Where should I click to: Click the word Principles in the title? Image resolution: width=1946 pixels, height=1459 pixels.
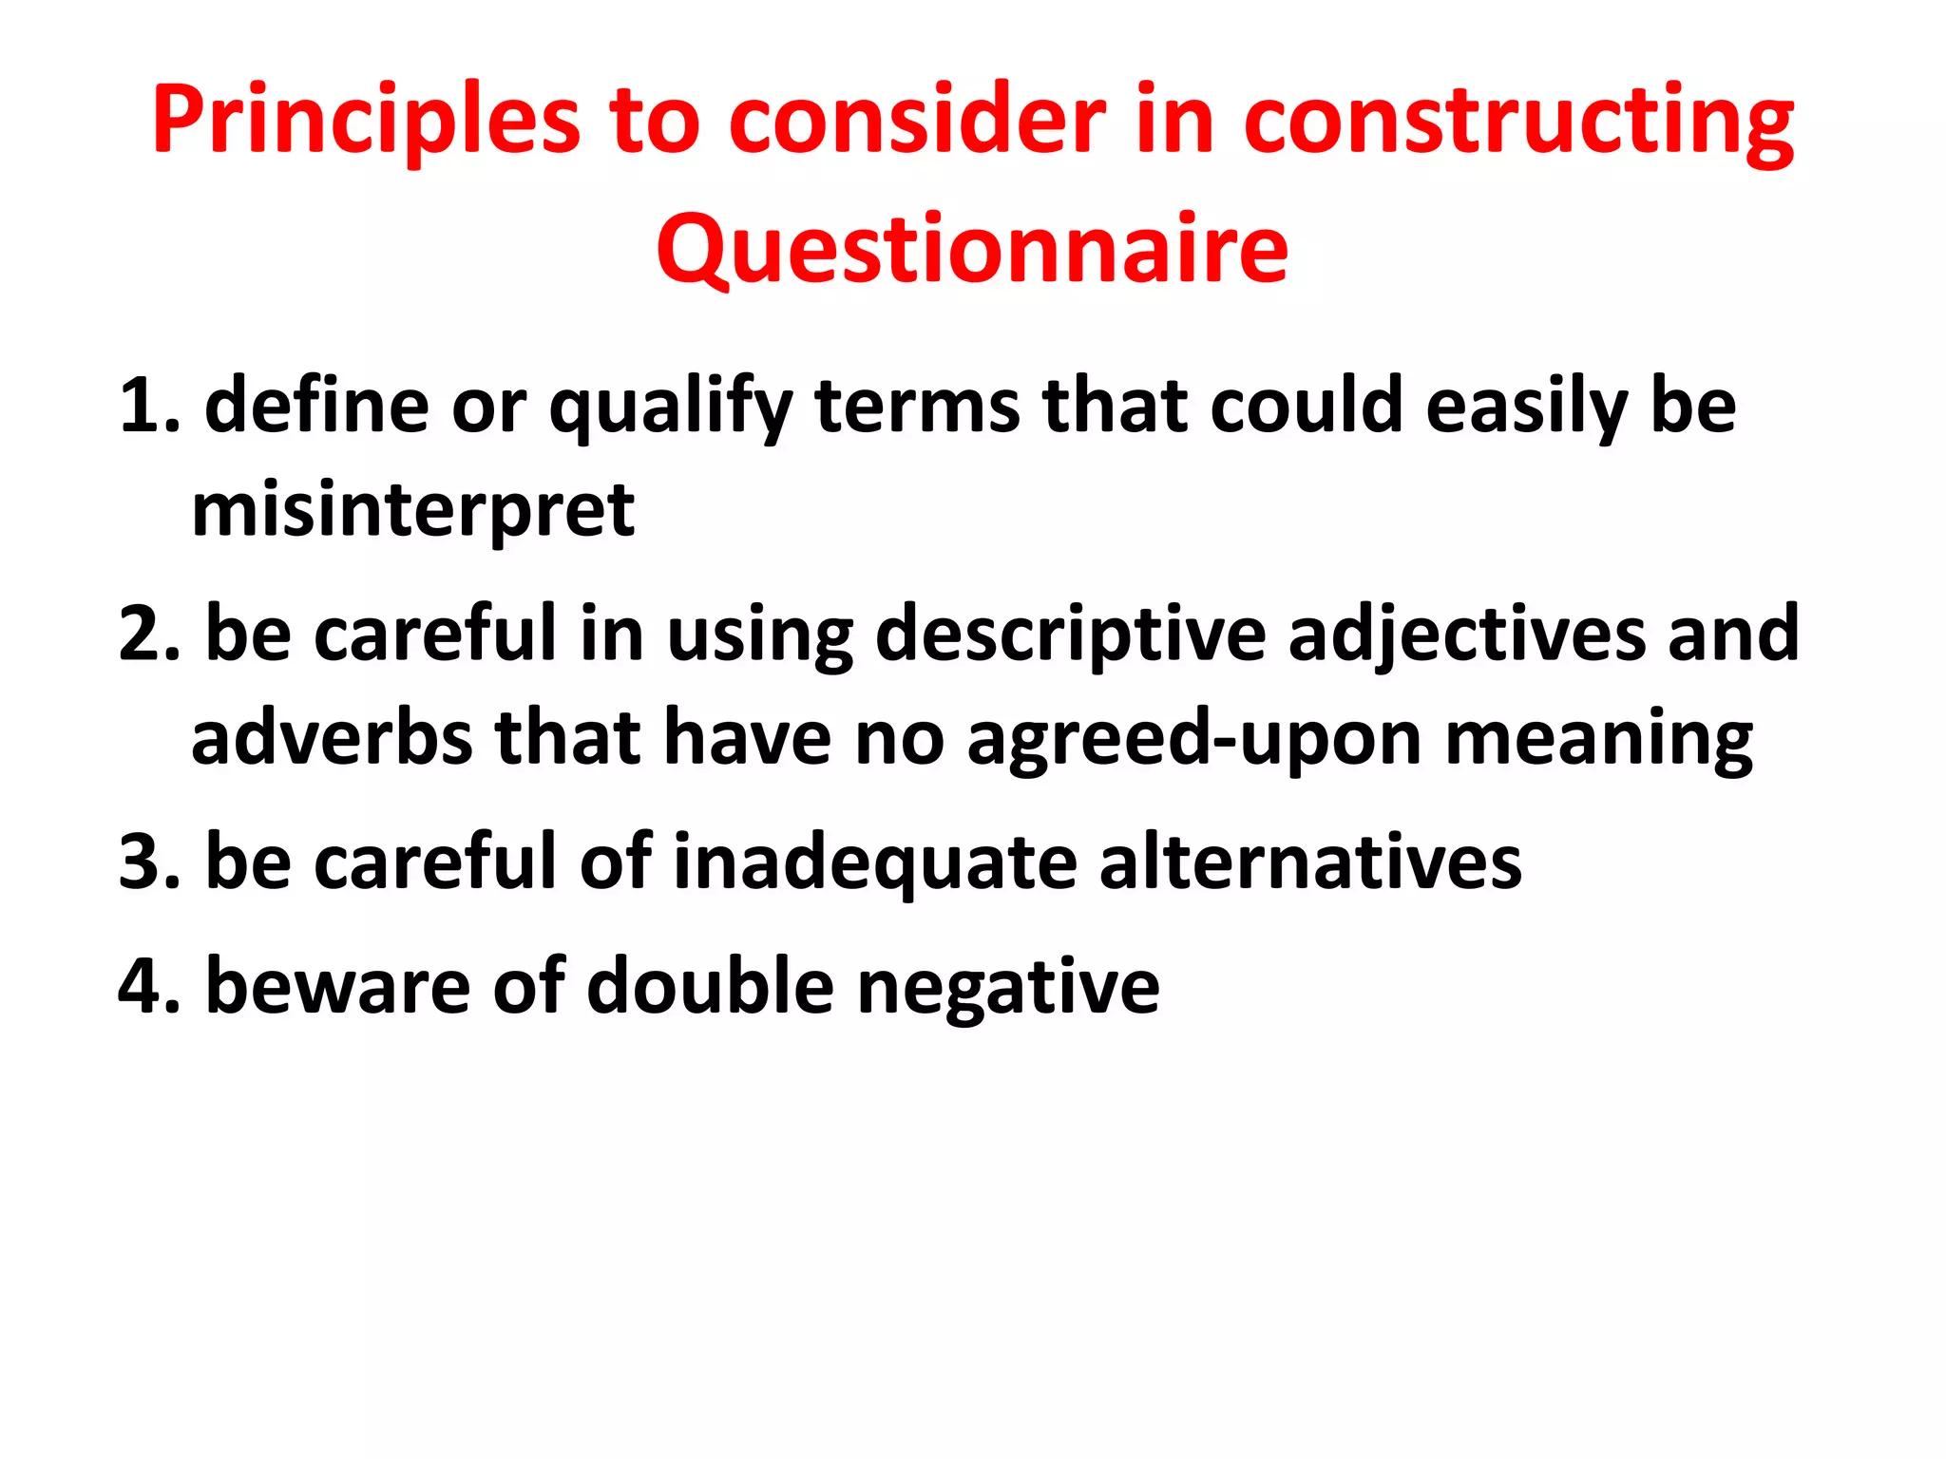pos(366,121)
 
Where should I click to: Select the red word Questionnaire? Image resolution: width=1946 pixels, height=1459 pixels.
pos(972,249)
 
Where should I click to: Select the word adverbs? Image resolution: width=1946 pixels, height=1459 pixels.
pos(332,737)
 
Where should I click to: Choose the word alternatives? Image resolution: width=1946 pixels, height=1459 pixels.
pos(1310,862)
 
